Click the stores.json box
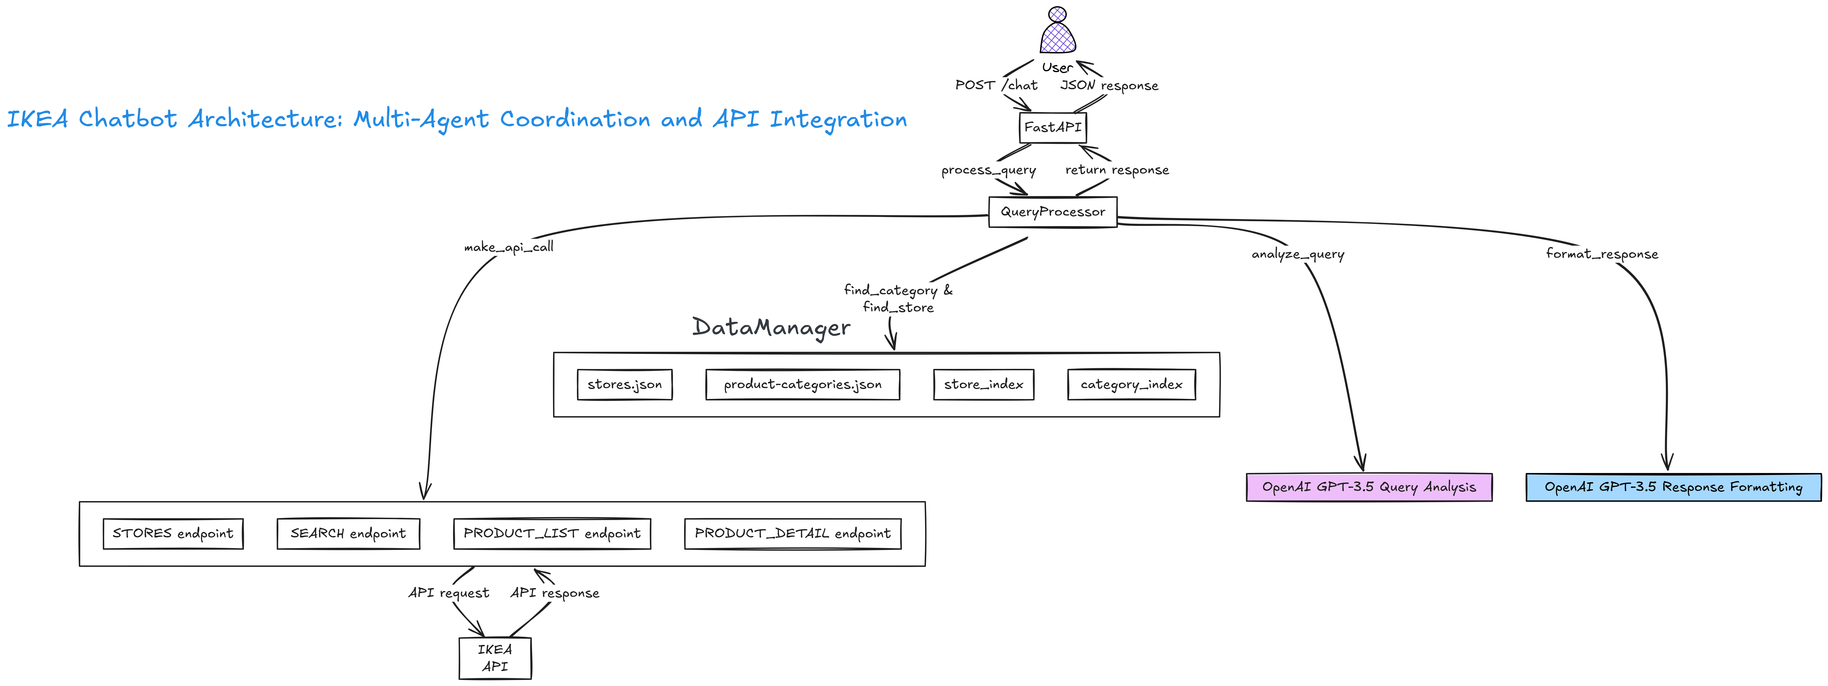tap(624, 384)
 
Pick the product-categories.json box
tap(803, 384)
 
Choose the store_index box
tap(984, 384)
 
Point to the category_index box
tap(1131, 384)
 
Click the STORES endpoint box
tap(173, 534)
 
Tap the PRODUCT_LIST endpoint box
tap(552, 534)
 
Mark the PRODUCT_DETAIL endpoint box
tap(793, 534)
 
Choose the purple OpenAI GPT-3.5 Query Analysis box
tap(1369, 487)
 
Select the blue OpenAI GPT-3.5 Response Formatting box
tap(1673, 487)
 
